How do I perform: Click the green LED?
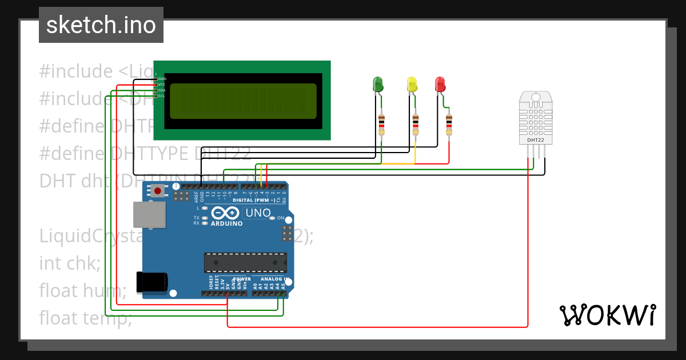[378, 85]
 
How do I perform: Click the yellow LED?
[412, 85]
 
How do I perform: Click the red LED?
[440, 85]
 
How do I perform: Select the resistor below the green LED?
[382, 124]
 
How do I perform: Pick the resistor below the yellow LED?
[416, 124]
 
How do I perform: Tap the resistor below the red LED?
[449, 124]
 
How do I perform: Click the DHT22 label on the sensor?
[535, 139]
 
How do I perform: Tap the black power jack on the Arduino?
[152, 282]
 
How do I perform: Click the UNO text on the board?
[258, 213]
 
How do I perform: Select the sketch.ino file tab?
[101, 25]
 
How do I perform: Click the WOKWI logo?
[607, 315]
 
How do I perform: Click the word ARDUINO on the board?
[226, 223]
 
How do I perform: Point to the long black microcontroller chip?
[246, 262]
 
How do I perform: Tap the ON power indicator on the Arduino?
[280, 218]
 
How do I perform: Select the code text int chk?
[70, 263]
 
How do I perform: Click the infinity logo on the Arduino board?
[225, 213]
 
